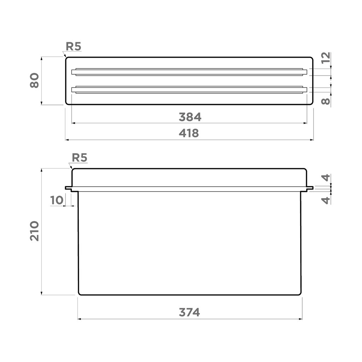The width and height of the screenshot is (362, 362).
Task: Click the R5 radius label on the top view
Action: pyautogui.click(x=73, y=46)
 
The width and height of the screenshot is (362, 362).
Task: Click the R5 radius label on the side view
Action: pyautogui.click(x=79, y=158)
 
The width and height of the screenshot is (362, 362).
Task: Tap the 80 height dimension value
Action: pyautogui.click(x=34, y=80)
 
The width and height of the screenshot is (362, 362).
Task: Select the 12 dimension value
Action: pyautogui.click(x=326, y=57)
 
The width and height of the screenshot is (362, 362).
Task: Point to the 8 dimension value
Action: pyautogui.click(x=326, y=101)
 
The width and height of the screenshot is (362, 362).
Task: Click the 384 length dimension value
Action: pyautogui.click(x=190, y=117)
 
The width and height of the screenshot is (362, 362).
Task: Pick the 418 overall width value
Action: pyautogui.click(x=189, y=133)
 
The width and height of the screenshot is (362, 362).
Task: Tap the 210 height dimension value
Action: pyautogui.click(x=34, y=231)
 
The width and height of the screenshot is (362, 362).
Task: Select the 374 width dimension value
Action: pyautogui.click(x=189, y=313)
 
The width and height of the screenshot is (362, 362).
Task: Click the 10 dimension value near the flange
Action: pyautogui.click(x=56, y=200)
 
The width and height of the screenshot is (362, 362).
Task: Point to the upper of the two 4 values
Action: pyautogui.click(x=326, y=178)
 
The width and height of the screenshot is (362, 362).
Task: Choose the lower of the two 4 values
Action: pyautogui.click(x=326, y=200)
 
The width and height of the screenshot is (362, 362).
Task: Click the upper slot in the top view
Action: pyautogui.click(x=189, y=72)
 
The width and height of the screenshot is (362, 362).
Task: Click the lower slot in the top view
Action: pyautogui.click(x=189, y=90)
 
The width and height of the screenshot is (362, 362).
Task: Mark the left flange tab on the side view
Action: pyautogui.click(x=68, y=188)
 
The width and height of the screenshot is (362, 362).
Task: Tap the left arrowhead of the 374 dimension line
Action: pyautogui.click(x=79, y=319)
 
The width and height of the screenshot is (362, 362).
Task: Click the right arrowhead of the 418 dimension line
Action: pyautogui.click(x=312, y=140)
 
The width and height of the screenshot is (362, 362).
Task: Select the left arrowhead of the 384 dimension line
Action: pyautogui.click(x=73, y=123)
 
